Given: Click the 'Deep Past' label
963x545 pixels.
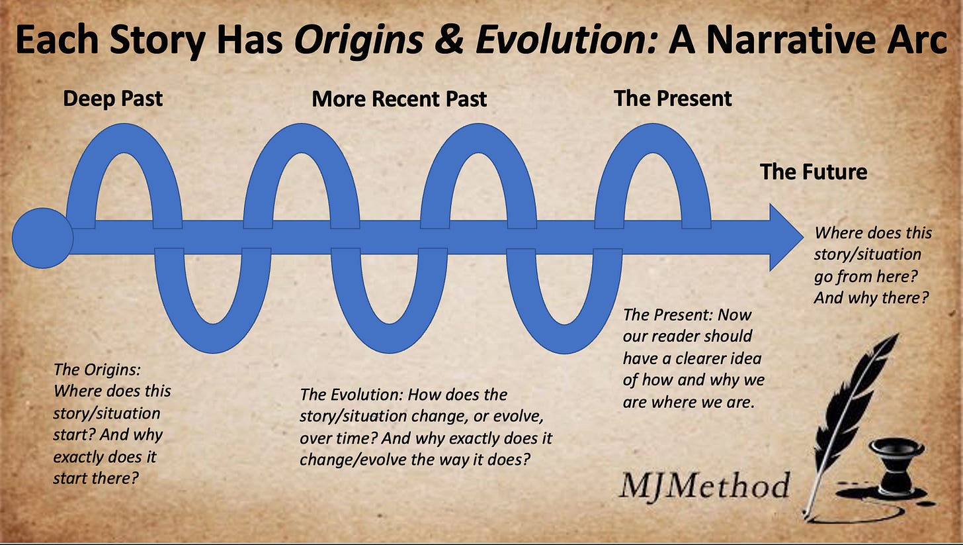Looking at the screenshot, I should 112,99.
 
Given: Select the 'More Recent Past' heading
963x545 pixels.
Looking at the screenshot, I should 399,99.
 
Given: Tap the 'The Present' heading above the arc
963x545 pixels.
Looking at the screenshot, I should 673,99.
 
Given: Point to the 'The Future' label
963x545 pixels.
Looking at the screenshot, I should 813,172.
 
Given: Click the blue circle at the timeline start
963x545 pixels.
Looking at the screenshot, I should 42,238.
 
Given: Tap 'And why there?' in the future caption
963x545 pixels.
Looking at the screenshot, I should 868,298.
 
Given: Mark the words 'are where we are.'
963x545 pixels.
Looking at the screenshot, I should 688,402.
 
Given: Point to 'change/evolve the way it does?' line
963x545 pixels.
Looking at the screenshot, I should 415,459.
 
